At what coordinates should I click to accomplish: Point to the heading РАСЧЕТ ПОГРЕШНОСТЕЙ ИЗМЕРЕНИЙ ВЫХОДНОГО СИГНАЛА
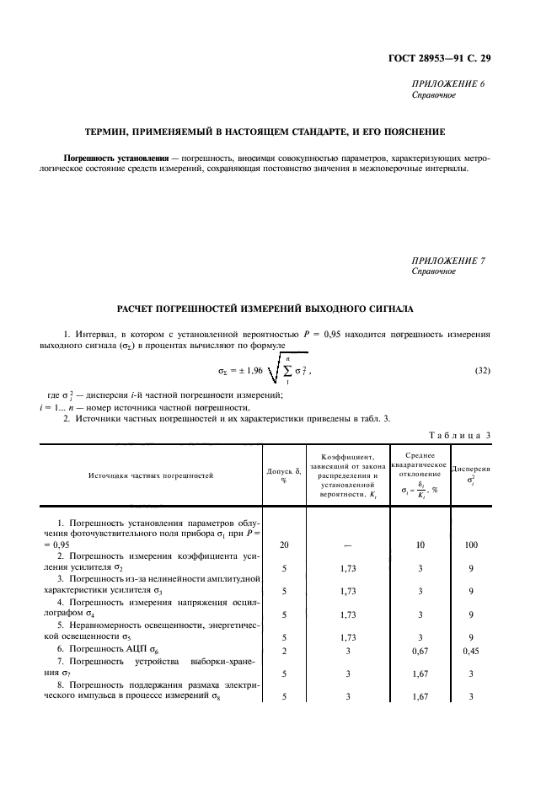click(x=279, y=308)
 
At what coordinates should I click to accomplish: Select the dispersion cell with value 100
click(x=471, y=545)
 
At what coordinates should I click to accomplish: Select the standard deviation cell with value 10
click(x=420, y=545)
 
